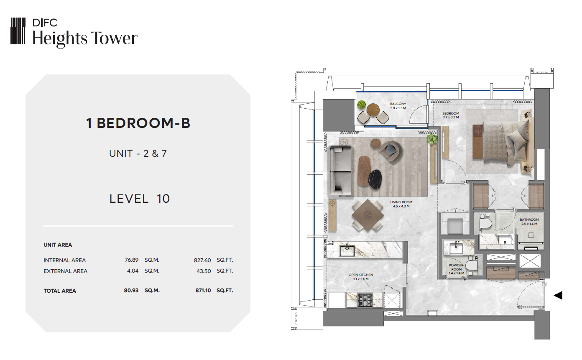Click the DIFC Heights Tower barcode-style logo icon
click(x=18, y=31)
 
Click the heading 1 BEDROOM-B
click(x=138, y=123)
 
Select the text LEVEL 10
click(x=140, y=199)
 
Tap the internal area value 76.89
click(x=131, y=260)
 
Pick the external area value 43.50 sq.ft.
click(x=204, y=271)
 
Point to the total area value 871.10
click(x=203, y=291)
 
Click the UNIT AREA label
click(x=58, y=245)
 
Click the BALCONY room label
click(x=398, y=104)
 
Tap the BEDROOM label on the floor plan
click(x=451, y=113)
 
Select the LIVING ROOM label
click(x=401, y=202)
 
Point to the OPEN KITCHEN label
click(x=361, y=275)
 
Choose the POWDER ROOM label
click(x=456, y=267)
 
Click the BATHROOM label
click(x=529, y=220)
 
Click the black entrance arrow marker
click(x=558, y=295)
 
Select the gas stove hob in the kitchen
click(x=365, y=300)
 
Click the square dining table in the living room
click(x=368, y=215)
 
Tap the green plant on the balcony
click(x=361, y=105)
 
